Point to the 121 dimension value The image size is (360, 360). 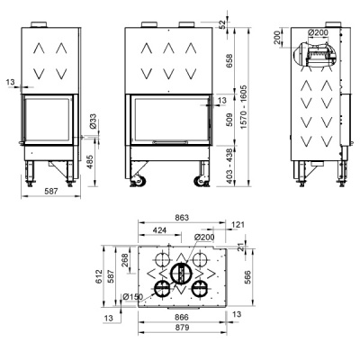click(x=238, y=225)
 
